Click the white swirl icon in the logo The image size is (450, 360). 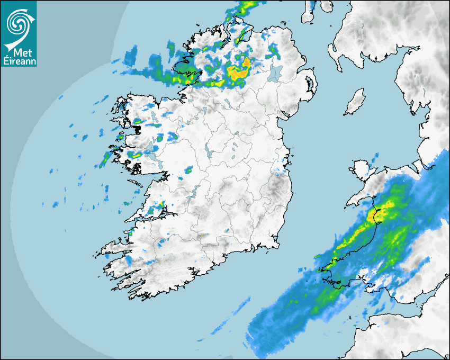[18, 22]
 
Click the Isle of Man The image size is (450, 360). [355, 102]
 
